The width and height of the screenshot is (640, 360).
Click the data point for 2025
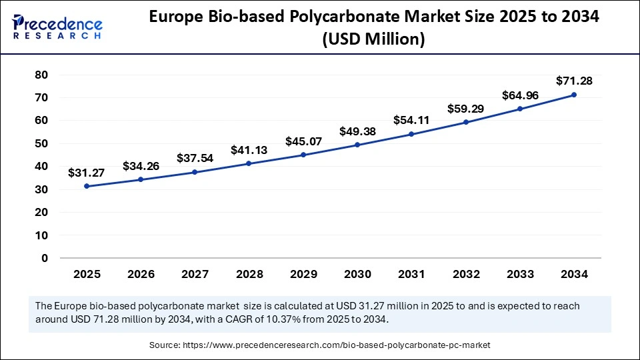pos(87,186)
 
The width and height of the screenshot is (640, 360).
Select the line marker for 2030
pos(357,145)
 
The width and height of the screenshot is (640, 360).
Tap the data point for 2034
pos(574,95)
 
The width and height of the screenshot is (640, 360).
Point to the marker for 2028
pos(249,163)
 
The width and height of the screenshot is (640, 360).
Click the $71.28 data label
pos(574,81)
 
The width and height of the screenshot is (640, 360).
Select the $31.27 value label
pos(87,173)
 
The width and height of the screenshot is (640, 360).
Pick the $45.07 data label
pos(303,141)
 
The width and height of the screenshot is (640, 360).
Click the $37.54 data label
pos(195,158)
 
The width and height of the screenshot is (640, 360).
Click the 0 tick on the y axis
pos(45,258)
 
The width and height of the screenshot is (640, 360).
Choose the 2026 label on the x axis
pos(141,274)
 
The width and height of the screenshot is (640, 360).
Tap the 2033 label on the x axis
pos(520,274)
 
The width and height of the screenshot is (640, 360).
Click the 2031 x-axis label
pos(411,274)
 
